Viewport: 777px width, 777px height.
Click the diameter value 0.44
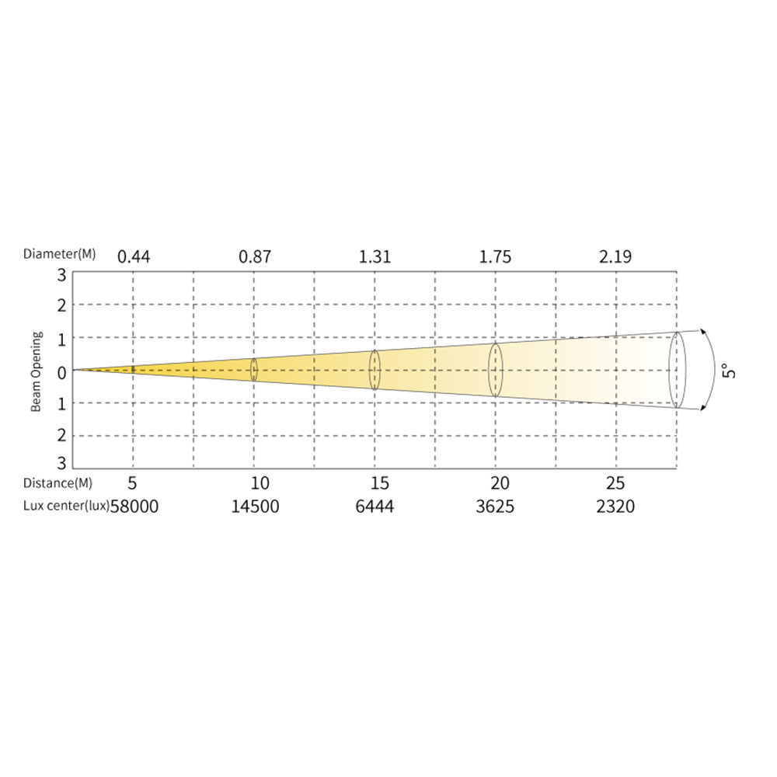pos(134,256)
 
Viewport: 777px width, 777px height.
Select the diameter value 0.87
pos(255,256)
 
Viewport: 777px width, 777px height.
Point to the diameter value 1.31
pos(375,256)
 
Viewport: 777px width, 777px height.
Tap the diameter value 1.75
pos(495,256)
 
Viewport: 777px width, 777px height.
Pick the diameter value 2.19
pos(615,256)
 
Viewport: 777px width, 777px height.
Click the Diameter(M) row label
pos(60,254)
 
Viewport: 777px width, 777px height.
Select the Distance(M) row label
pos(58,483)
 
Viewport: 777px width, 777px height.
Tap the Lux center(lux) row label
pos(66,506)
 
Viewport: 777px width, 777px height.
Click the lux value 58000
pos(134,507)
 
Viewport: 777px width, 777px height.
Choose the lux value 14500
pos(255,507)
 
